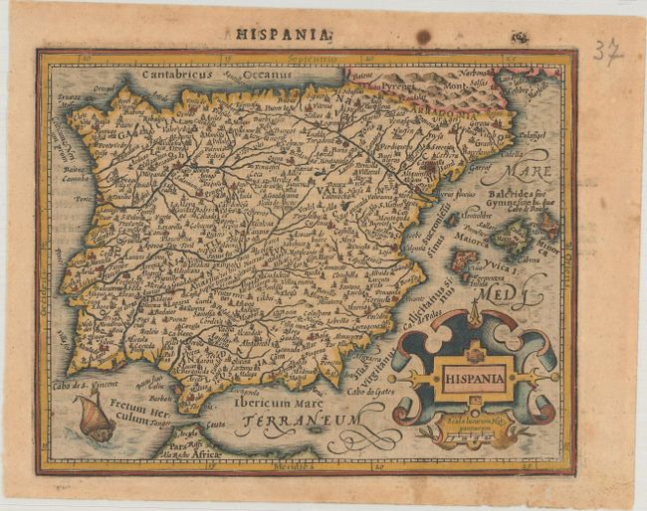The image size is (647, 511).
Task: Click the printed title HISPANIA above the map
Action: (x=283, y=34)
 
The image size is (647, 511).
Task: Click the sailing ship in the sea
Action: (x=94, y=417)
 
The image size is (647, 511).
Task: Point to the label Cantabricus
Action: (x=178, y=73)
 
